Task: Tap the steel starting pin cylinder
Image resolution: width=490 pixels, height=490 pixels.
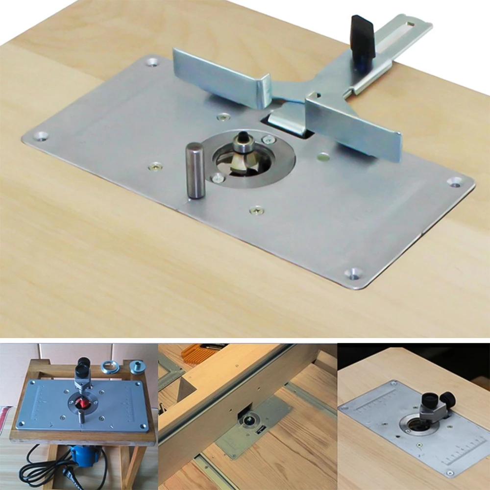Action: coord(196,171)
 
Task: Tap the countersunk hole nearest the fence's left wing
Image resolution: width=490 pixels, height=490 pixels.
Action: coord(152,62)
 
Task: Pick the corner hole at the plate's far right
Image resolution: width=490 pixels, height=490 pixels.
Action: coord(455,182)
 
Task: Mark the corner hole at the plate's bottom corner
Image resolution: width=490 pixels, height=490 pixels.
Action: coord(353,272)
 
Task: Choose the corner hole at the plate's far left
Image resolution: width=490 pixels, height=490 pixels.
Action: coord(41,135)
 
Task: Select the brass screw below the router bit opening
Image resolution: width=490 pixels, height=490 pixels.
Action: coord(256,211)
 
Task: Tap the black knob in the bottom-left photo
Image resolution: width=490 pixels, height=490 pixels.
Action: coord(83,363)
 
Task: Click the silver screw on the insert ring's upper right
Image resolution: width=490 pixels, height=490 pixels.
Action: coord(268,139)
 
